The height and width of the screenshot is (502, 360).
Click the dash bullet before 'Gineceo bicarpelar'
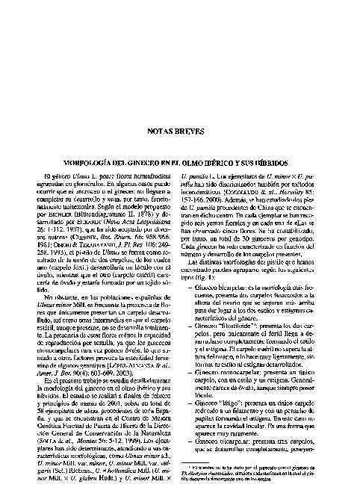click(189, 285)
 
